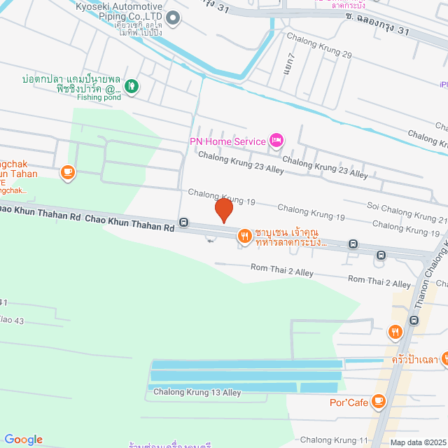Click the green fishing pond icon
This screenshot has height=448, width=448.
click(132, 87)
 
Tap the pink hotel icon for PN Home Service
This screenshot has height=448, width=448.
click(276, 141)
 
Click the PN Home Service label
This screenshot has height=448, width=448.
click(227, 141)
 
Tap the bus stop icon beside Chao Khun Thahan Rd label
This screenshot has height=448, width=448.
click(183, 223)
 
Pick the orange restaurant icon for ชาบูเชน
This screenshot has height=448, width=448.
click(244, 234)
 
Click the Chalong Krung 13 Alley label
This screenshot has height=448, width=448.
click(197, 393)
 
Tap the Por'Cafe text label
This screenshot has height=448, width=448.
click(348, 402)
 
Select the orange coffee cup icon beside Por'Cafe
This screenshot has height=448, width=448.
click(379, 401)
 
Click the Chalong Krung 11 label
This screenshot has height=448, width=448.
click(334, 440)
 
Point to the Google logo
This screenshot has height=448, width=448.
click(23, 440)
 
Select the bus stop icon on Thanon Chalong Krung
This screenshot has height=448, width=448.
click(414, 320)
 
